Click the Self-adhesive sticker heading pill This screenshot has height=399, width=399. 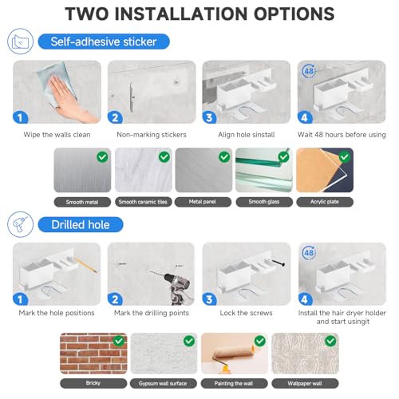point(104,41)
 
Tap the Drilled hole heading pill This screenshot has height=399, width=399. point(81,225)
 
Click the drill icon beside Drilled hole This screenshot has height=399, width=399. point(21,224)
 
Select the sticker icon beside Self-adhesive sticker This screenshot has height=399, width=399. point(21,41)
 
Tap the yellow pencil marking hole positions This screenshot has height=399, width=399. point(85,264)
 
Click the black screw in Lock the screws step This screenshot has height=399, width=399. point(279,263)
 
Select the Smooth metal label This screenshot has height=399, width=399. point(82,202)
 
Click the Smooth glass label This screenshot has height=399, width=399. point(264,202)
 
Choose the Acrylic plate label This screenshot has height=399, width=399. point(325,202)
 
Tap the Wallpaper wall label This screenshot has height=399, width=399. point(305,383)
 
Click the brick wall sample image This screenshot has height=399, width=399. point(93,354)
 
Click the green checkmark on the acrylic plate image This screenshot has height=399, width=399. point(345,156)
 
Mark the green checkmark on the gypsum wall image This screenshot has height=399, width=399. point(189,341)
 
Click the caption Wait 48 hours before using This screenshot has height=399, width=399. point(342,135)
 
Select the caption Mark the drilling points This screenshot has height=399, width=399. point(152,313)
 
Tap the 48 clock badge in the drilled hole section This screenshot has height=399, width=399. point(309,252)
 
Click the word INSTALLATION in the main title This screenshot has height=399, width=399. point(181,14)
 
